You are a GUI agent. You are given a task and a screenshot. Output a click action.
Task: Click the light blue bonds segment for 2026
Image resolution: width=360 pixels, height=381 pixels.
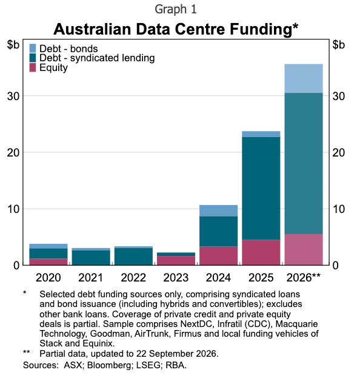coord(304,78)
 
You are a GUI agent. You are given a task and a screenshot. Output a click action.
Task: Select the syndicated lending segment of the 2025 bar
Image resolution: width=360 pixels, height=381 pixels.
coord(261,188)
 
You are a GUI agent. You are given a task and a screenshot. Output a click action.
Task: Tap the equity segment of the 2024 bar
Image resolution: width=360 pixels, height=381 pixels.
coord(218,256)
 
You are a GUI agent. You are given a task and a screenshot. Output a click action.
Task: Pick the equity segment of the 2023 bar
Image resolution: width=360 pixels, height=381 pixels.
coord(176,260)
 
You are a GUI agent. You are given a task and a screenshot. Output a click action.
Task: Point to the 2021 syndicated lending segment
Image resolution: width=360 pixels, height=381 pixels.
coord(91,258)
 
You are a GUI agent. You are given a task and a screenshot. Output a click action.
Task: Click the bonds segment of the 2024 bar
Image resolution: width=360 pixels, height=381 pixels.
coord(218,211)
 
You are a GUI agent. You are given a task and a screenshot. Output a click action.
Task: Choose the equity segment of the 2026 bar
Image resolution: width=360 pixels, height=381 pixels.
coord(304,249)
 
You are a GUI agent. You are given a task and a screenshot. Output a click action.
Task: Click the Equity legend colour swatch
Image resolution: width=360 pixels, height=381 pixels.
coord(33,67)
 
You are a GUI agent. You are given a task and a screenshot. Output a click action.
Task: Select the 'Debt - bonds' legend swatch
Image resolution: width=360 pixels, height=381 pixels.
coord(33,49)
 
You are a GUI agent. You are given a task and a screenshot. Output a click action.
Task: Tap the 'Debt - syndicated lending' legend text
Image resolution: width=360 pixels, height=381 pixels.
coord(97,58)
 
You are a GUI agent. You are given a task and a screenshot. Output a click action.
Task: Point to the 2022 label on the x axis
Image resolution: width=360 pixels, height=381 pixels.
coord(133,278)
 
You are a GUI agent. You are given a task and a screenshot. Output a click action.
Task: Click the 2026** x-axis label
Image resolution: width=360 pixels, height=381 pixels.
coord(304,277)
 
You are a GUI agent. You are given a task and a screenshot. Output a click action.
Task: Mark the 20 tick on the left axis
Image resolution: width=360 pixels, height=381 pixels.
coord(13,153)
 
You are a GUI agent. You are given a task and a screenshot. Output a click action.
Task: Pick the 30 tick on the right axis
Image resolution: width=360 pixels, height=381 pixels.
coord(338,96)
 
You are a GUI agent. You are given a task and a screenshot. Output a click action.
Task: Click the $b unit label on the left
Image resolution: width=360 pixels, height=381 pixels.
coord(13,45)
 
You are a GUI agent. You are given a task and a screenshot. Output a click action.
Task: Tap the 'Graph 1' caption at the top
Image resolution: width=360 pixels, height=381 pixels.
coord(176,10)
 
